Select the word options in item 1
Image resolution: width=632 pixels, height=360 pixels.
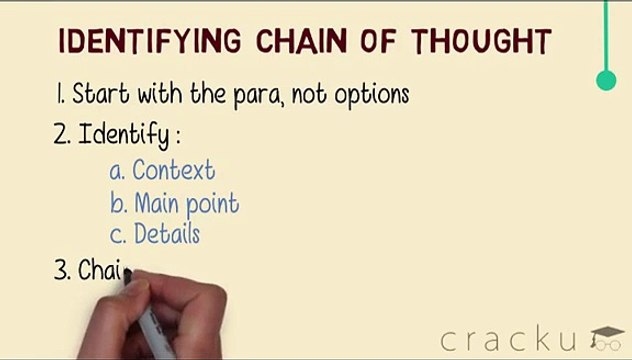click(370, 97)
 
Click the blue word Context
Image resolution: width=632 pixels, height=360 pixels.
click(174, 170)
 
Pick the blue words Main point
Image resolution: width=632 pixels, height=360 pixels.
click(186, 203)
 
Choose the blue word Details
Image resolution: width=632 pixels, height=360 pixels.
click(167, 234)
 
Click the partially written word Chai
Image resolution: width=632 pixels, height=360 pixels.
click(101, 271)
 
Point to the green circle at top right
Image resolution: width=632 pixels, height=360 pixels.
click(606, 80)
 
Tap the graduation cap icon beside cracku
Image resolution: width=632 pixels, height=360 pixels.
click(606, 338)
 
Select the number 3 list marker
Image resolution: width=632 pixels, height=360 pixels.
click(61, 271)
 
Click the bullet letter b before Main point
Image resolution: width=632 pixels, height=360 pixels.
click(117, 203)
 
